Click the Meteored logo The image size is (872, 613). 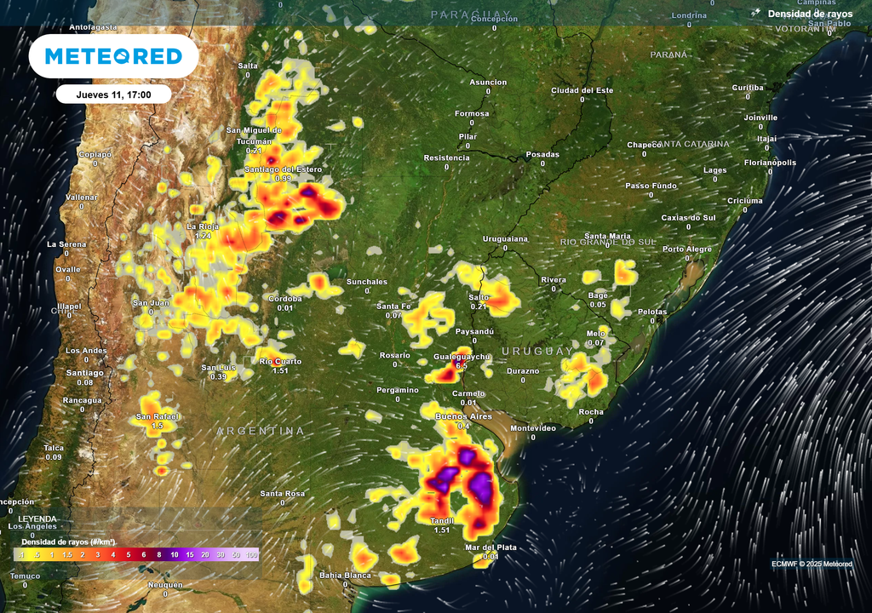click(113, 56)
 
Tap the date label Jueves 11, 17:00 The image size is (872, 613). click(113, 95)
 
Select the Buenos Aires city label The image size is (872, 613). click(464, 416)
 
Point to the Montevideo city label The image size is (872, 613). click(532, 427)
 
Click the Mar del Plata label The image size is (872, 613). click(490, 547)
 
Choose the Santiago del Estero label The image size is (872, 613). click(282, 169)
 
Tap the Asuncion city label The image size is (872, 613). click(488, 83)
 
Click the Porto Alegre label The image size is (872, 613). click(687, 249)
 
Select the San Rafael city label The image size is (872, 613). click(157, 416)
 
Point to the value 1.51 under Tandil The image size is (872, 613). click(442, 530)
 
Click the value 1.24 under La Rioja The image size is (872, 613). click(203, 236)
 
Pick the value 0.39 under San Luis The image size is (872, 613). click(218, 376)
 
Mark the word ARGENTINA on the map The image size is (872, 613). click(260, 431)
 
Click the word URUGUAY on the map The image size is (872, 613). click(537, 351)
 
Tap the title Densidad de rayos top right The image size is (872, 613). click(809, 14)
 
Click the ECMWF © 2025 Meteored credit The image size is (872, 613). click(812, 564)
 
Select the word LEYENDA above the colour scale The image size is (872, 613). click(38, 518)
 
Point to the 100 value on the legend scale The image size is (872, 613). click(252, 554)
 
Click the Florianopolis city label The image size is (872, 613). click(770, 162)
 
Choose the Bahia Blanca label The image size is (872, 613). click(345, 576)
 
